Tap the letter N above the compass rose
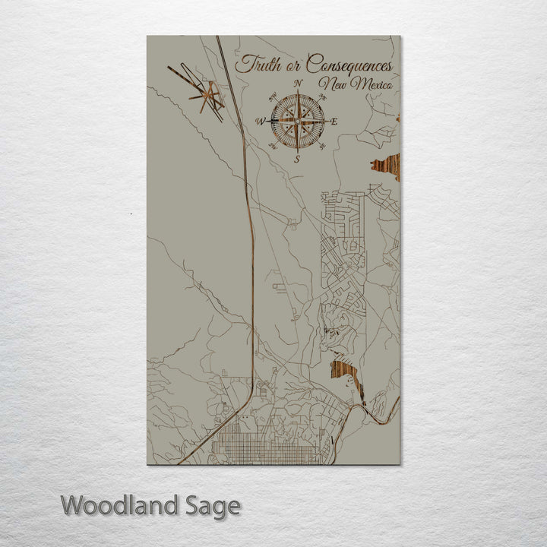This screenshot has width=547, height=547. (x=298, y=83)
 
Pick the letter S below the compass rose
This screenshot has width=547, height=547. (x=298, y=159)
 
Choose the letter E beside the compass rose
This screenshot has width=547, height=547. (x=334, y=122)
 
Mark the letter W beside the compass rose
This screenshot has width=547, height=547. (x=261, y=122)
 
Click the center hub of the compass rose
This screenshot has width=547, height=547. (x=298, y=121)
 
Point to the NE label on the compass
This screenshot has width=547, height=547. (x=322, y=97)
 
